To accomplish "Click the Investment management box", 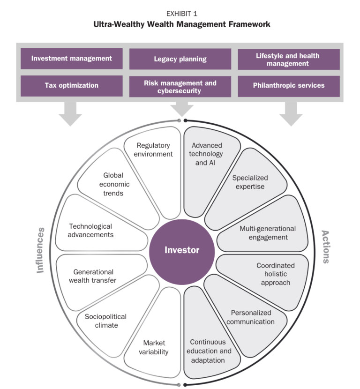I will click(72, 59).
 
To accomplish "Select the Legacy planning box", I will click(180, 59).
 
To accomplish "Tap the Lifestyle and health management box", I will click(288, 59).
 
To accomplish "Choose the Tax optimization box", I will click(72, 86).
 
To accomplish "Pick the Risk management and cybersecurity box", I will click(180, 86).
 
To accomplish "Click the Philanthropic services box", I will click(288, 86).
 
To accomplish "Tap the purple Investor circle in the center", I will click(181, 250).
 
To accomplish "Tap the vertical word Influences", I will click(41, 250).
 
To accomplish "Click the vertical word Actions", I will click(324, 247).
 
